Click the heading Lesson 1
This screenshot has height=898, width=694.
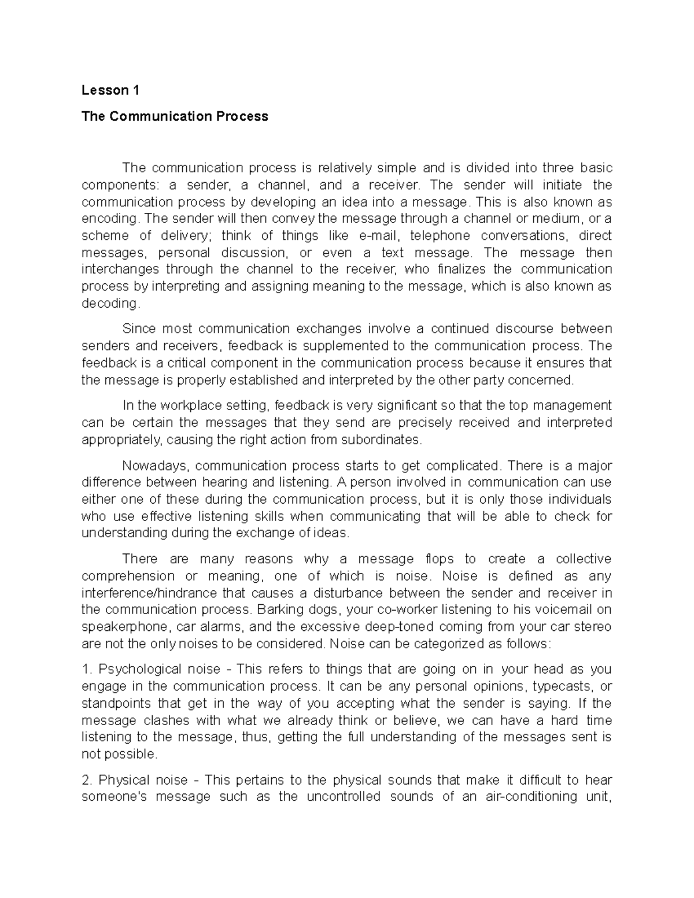(110, 90)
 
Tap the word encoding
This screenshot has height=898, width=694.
(110, 219)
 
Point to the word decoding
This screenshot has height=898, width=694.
(110, 303)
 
